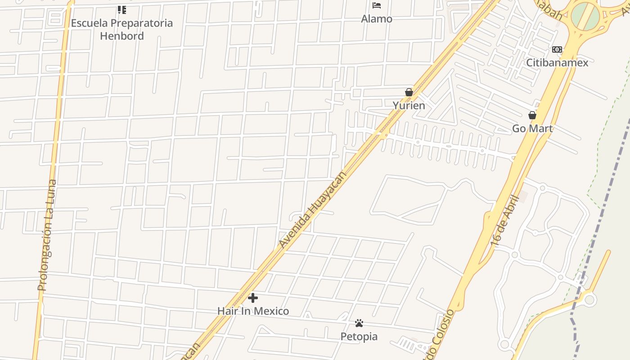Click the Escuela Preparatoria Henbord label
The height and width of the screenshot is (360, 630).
[122, 29]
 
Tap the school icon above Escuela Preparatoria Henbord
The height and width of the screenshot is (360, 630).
[121, 9]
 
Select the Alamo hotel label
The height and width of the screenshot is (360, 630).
[377, 19]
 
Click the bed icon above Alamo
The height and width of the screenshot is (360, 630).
[377, 5]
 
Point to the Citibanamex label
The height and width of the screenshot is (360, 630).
[557, 63]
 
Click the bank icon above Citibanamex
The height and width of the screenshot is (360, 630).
[557, 49]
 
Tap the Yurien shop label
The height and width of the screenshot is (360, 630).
[409, 106]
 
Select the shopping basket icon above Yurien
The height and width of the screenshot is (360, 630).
[409, 92]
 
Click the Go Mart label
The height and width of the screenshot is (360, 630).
[532, 129]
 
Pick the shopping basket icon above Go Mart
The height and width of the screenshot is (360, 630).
[532, 115]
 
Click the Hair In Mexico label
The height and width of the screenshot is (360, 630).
[253, 311]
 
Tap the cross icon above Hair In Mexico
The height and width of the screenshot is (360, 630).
[253, 297]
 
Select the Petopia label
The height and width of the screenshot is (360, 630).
[359, 337]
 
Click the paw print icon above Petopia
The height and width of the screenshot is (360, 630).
[359, 323]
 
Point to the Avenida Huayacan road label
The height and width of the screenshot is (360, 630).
[312, 210]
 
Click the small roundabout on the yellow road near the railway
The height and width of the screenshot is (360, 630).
[589, 299]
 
